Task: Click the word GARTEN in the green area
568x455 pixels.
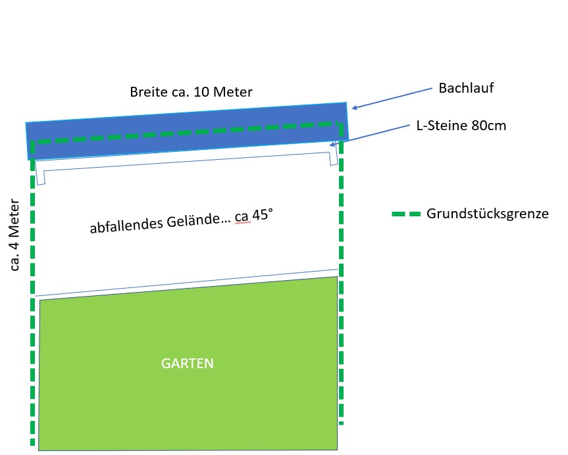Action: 188,363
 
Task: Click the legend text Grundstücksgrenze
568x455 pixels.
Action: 488,214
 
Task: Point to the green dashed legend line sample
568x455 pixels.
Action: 405,214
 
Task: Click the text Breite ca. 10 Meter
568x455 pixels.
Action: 191,92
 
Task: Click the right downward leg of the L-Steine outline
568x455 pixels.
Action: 334,155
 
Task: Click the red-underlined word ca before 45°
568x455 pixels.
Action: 241,217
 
